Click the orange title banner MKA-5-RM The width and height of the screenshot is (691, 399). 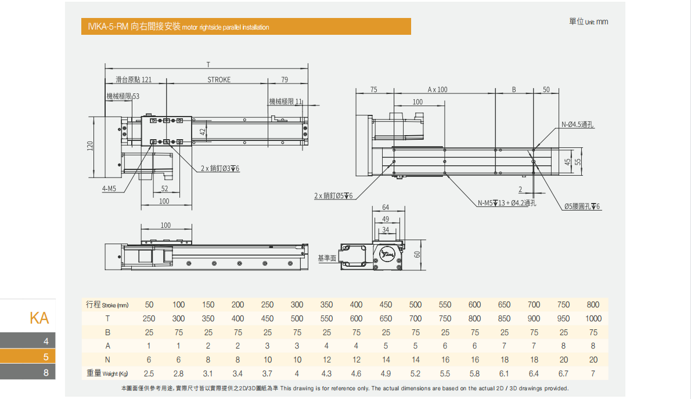pos(246,27)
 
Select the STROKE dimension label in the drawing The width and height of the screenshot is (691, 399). pos(219,80)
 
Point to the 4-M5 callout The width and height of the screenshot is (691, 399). pos(109,188)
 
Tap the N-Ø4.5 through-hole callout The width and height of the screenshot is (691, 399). pos(577,125)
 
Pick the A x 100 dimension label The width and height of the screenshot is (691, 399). pos(437,90)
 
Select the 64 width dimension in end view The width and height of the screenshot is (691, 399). pos(386,208)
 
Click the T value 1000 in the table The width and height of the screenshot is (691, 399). pos(593,318)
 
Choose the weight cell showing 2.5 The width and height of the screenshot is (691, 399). pos(149,373)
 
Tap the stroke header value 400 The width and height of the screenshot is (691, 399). pos(356,304)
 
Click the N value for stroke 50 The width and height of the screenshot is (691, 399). pos(149,360)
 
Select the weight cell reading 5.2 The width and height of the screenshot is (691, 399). pos(415,373)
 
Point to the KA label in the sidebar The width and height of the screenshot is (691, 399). pos(39,318)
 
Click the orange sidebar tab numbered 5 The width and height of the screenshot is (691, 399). pos(28,357)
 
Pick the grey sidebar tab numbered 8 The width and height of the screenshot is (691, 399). pos(28,372)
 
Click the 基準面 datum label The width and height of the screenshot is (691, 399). pos(327,258)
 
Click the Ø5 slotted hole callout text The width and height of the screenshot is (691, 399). pos(582,206)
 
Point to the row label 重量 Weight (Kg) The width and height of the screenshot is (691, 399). pos(107,373)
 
